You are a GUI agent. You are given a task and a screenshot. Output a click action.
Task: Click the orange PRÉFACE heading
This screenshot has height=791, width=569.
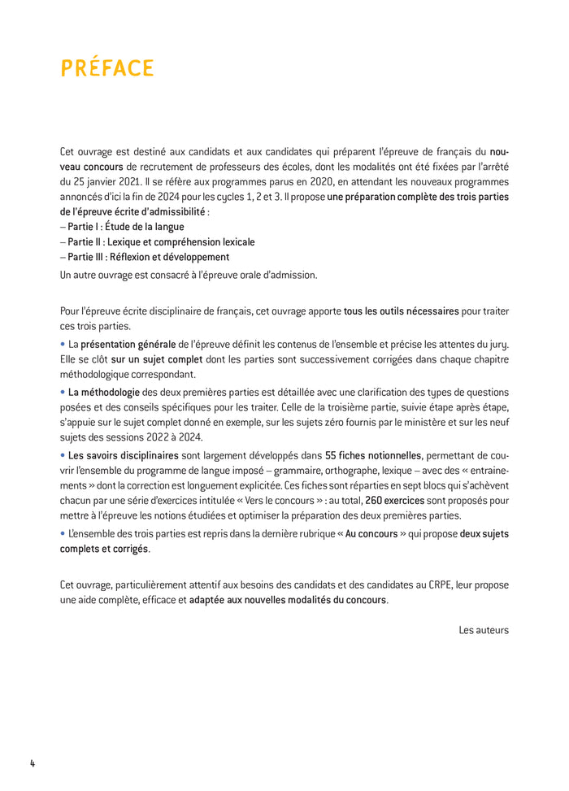(x=106, y=68)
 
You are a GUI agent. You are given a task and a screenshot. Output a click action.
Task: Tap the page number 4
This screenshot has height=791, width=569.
(x=33, y=763)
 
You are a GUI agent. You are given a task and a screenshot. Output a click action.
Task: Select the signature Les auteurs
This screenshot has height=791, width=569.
(x=484, y=629)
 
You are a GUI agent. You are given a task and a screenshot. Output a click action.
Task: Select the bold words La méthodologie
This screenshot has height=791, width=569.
(x=104, y=392)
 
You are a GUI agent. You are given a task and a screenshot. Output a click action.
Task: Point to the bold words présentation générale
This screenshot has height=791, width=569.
(x=128, y=344)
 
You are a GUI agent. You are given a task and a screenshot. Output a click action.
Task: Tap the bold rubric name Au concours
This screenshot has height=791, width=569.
(x=373, y=534)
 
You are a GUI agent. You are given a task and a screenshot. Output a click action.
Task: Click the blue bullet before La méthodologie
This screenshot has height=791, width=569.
(x=63, y=392)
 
